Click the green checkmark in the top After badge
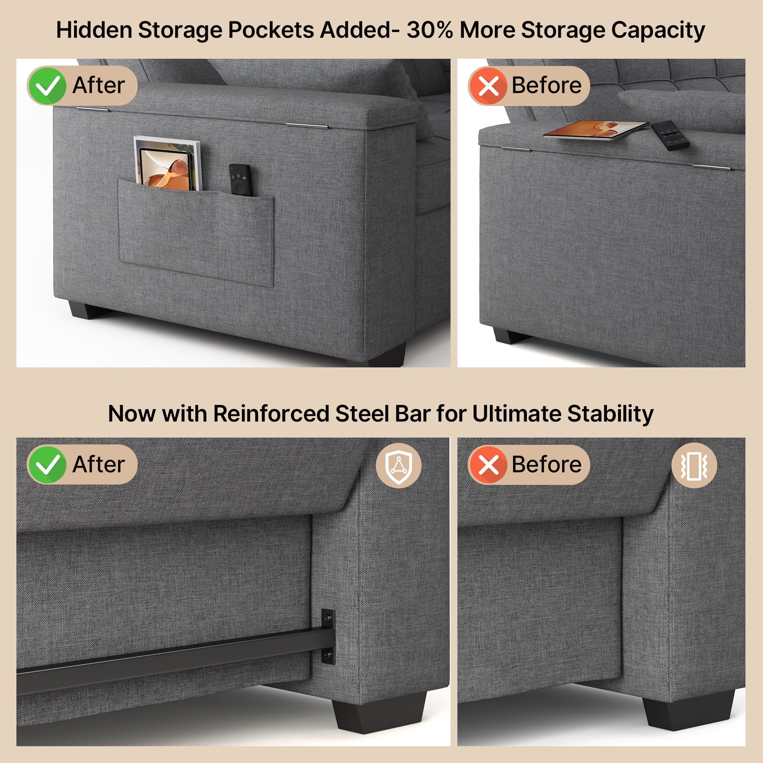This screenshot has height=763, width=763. (x=47, y=86)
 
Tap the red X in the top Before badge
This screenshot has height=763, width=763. (x=488, y=86)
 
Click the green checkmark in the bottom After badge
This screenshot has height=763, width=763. (x=47, y=465)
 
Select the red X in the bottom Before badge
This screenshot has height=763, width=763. (x=488, y=465)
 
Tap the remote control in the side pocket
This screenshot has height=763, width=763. (x=240, y=180)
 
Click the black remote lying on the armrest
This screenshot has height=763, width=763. (x=670, y=135)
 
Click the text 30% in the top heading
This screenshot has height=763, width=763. (x=430, y=30)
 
